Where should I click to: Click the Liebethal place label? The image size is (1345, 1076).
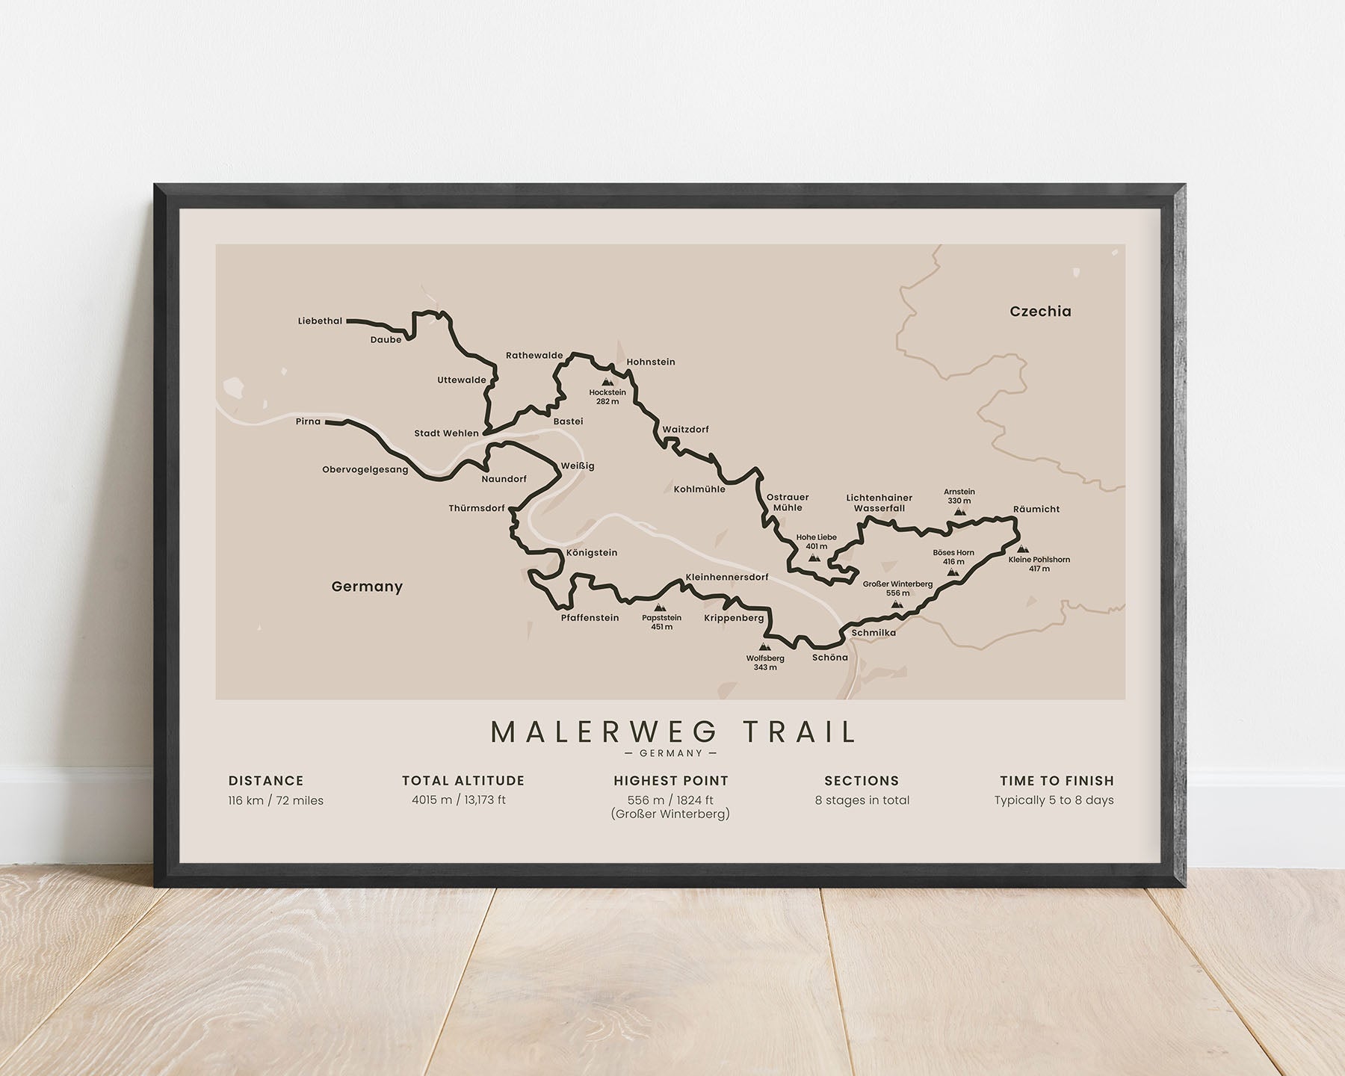[x=320, y=321]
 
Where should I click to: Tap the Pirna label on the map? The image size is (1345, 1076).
[x=308, y=421]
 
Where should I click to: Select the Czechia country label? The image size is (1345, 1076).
[x=1040, y=312]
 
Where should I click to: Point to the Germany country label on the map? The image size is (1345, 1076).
[x=367, y=587]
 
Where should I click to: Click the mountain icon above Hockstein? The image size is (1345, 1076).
[x=607, y=382]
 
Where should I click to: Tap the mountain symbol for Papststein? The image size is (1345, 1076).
[x=660, y=607]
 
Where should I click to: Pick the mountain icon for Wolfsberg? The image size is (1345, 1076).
[x=764, y=647]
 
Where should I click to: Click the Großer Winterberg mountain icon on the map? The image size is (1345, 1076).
[x=897, y=604]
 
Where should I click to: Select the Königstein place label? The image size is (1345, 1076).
[x=592, y=553]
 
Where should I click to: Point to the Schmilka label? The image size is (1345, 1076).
[x=873, y=633]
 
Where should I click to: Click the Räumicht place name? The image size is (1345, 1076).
[x=1036, y=510]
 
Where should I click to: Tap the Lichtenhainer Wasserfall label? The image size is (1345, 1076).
[x=879, y=503]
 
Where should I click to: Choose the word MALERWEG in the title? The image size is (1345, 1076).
[x=604, y=732]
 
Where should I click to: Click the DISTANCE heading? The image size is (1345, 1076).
[x=266, y=781]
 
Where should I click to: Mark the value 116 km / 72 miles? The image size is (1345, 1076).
[x=276, y=800]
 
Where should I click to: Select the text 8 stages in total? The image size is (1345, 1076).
[x=862, y=800]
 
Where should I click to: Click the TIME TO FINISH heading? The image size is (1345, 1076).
[x=1057, y=781]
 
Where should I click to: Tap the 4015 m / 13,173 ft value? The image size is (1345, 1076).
[x=459, y=800]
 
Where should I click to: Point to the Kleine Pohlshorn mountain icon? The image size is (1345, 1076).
[x=1021, y=549]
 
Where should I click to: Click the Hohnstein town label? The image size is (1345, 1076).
[x=651, y=362]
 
